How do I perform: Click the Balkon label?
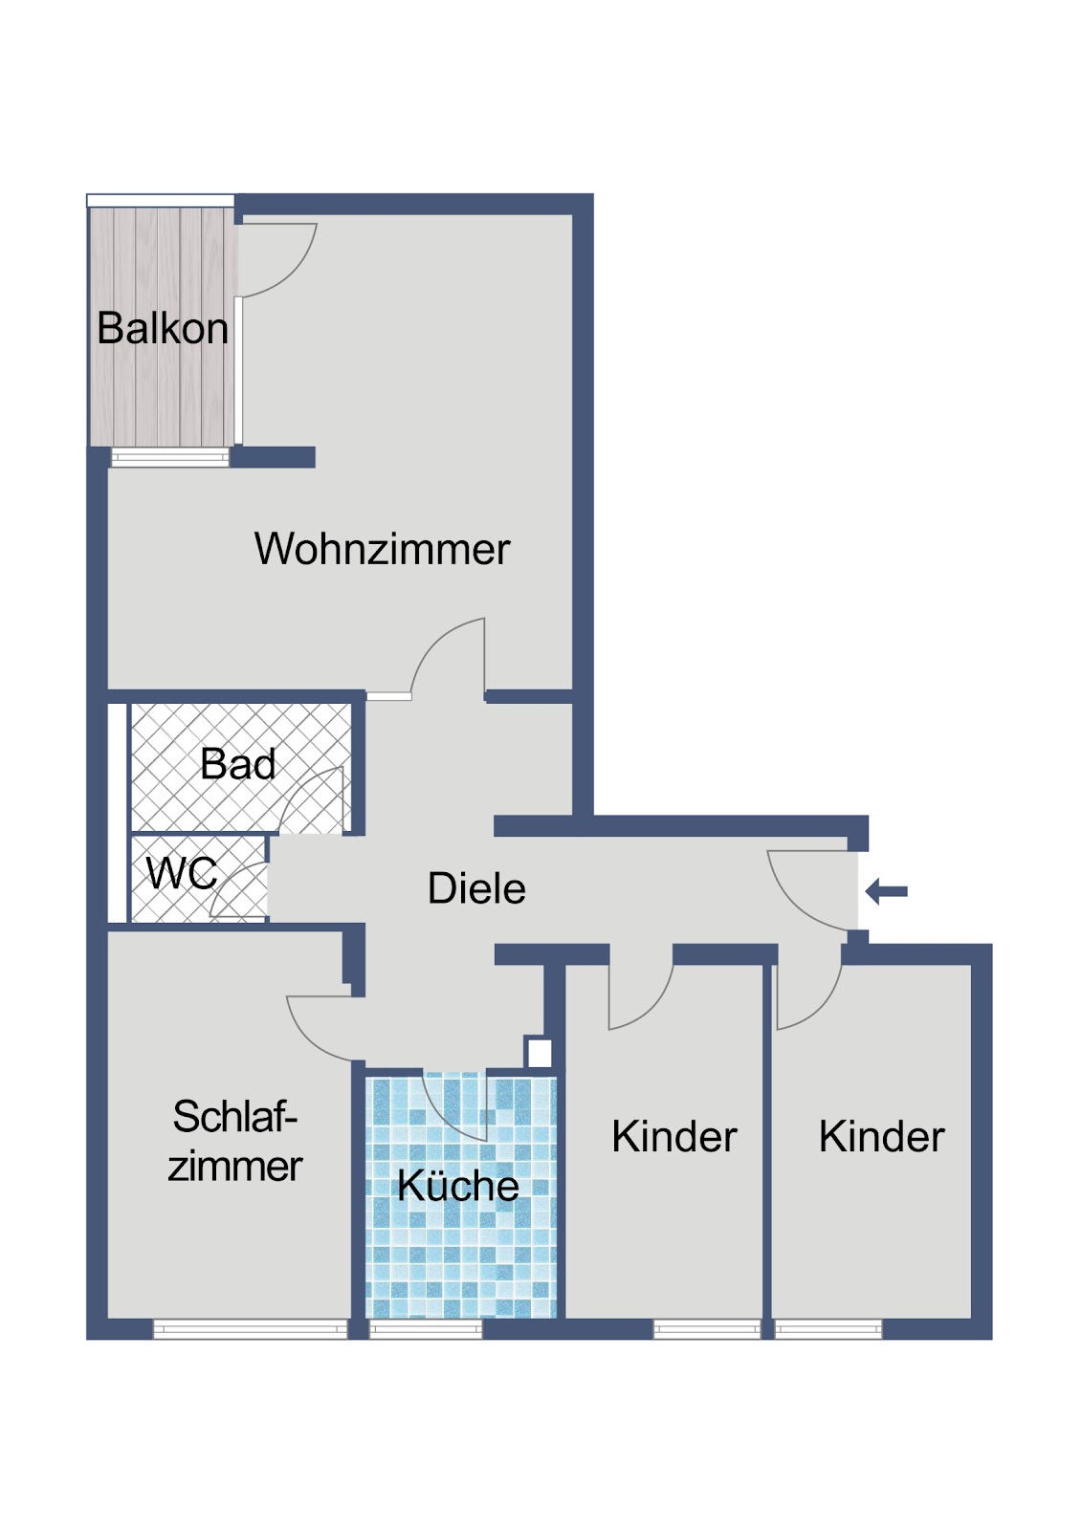pos(163,329)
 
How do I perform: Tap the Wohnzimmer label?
pos(382,548)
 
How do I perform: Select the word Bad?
pos(238,764)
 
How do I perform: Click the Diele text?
pos(476,888)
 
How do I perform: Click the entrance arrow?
pos(886,891)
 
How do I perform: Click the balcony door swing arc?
pos(297,273)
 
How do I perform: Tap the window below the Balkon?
pos(170,457)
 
